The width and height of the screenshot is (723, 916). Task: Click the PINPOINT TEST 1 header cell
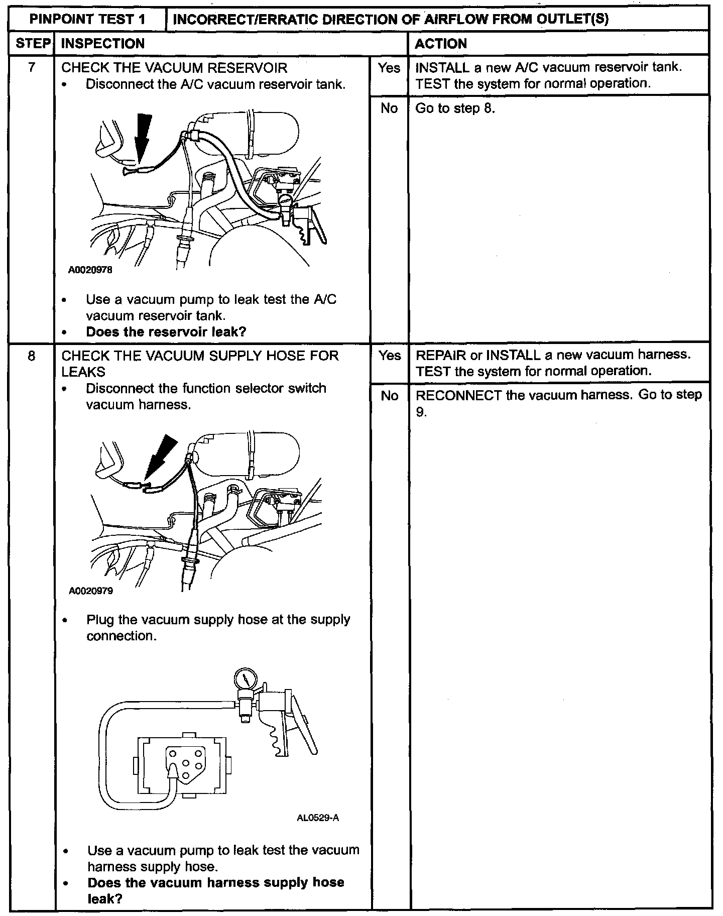pos(87,19)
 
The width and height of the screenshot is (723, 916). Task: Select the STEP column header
pos(31,44)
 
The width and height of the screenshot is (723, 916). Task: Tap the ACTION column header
pos(441,44)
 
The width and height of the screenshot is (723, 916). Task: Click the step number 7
pos(31,68)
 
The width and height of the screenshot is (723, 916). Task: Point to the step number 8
pos(31,356)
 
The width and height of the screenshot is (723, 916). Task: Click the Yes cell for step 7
pos(389,68)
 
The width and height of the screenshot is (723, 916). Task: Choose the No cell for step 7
pos(389,108)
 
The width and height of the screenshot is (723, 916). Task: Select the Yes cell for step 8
pos(390,356)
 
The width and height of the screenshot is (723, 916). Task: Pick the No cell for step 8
pos(390,396)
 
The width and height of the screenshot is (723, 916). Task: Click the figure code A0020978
pos(90,270)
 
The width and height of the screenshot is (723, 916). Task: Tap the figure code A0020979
pos(91,591)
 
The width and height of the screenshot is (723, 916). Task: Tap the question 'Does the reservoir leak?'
pos(166,331)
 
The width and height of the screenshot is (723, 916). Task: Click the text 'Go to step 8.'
pos(455,108)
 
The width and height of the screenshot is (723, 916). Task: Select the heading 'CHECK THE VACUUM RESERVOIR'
pos(174,68)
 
